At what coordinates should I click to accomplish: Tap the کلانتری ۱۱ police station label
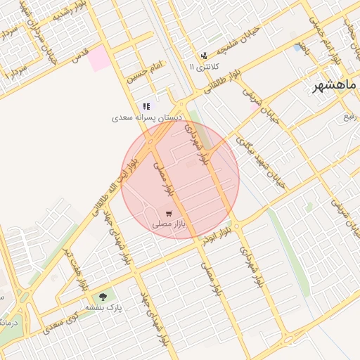point(205,66)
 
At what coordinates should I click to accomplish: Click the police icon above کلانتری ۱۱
point(204,55)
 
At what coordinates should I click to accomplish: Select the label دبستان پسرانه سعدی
point(148,117)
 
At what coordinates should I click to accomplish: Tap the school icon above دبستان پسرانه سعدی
point(146,106)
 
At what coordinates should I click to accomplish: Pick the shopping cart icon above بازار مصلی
point(168,212)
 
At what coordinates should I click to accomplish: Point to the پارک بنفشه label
point(104,308)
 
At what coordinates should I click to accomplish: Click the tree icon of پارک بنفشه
point(104,297)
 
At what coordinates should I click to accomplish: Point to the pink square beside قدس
point(100,57)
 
